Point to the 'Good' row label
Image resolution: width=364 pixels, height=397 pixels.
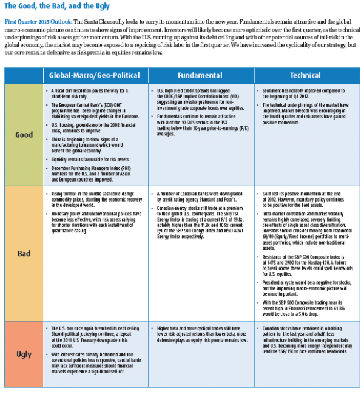click(24, 134)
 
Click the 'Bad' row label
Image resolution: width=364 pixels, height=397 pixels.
click(24, 253)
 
